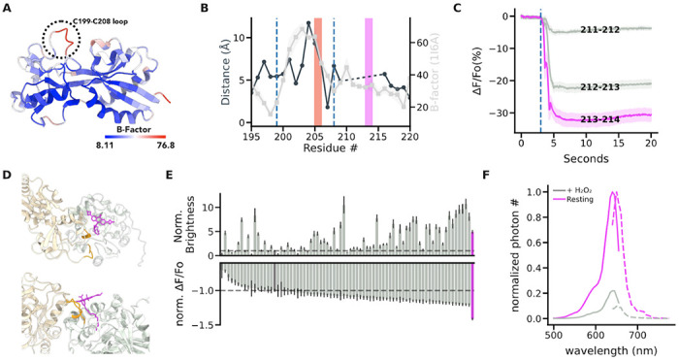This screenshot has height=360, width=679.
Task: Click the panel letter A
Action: click(x=9, y=8)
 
